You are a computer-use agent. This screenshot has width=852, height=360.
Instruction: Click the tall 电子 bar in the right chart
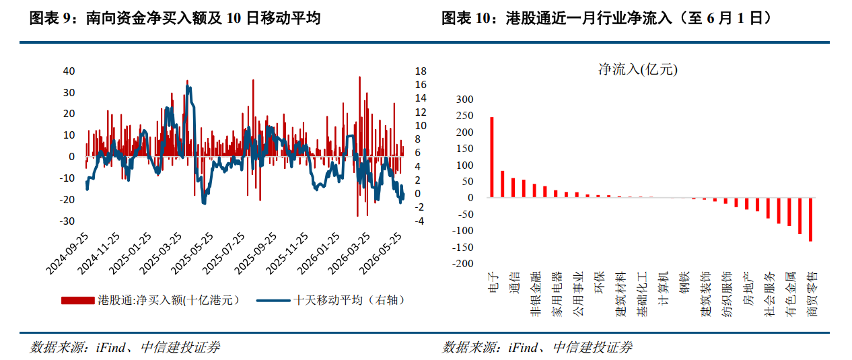(492, 157)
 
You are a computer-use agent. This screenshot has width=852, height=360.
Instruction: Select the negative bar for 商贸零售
(810, 219)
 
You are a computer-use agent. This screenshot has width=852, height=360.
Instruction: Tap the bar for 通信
(513, 188)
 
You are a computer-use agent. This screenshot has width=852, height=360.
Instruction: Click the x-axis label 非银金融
(535, 294)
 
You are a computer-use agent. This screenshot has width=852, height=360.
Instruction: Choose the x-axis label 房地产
(748, 289)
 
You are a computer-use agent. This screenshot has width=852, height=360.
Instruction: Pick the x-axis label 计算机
(663, 289)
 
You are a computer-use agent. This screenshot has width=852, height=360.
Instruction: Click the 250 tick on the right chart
(465, 116)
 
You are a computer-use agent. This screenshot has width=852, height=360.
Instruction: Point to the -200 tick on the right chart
(462, 264)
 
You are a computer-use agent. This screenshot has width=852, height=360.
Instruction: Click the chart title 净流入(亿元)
(638, 69)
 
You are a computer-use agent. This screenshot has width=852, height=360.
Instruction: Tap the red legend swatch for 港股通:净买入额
(77, 301)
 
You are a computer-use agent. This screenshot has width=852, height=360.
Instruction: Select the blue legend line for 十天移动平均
(273, 301)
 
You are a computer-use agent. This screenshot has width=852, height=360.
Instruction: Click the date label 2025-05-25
(192, 254)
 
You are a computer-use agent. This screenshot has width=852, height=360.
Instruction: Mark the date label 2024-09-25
(67, 254)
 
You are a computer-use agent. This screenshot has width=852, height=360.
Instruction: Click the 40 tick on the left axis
(69, 71)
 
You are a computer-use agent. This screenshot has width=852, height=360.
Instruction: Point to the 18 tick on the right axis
(421, 71)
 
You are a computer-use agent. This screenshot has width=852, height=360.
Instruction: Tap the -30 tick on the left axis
(67, 221)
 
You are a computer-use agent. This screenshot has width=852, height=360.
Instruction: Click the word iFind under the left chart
(110, 347)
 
